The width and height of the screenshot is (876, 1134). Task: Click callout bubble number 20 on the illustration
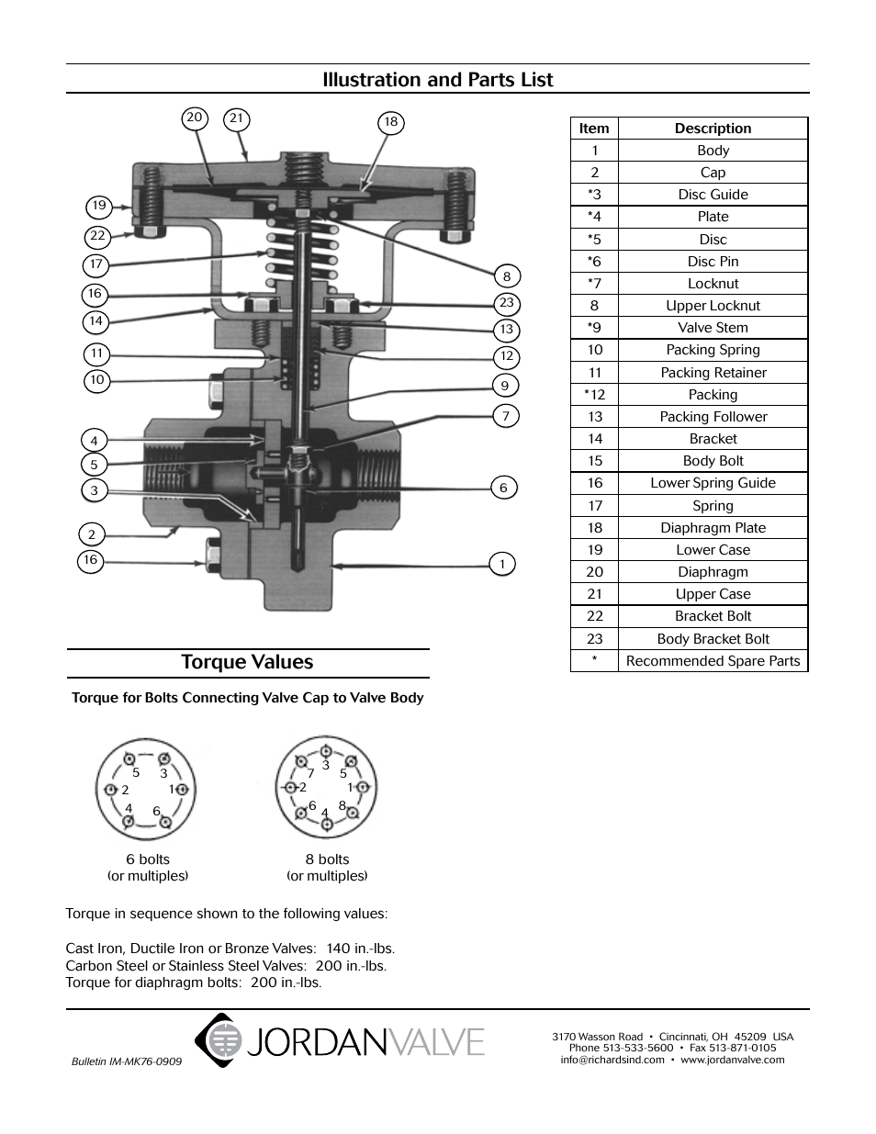coord(194,118)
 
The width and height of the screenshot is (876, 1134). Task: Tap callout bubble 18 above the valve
coord(391,122)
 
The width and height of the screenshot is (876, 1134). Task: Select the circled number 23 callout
coord(507,303)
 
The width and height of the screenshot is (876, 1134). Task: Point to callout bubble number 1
coord(502,564)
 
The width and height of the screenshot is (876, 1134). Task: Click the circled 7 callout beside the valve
coord(505,416)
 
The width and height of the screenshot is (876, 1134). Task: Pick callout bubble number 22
coord(97,236)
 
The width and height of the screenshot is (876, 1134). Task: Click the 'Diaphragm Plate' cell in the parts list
coord(713,528)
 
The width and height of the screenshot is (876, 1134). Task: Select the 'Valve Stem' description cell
coord(713,328)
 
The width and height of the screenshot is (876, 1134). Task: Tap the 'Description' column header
coord(713,129)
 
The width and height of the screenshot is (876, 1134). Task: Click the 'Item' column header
coord(594,129)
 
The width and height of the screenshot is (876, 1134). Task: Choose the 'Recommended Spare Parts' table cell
coord(713,661)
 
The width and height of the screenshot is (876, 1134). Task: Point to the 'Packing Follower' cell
coord(713,417)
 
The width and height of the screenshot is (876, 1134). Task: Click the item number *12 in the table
coord(594,395)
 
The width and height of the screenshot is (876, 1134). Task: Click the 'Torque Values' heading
coord(247,662)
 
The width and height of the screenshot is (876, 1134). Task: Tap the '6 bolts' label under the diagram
coord(148,859)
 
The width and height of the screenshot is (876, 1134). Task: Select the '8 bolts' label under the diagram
coord(327,859)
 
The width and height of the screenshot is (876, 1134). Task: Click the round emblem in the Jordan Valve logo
coord(221,1040)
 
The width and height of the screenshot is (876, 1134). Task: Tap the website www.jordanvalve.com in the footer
coord(732,1060)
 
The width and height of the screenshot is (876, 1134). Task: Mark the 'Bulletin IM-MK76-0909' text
coord(127,1061)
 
